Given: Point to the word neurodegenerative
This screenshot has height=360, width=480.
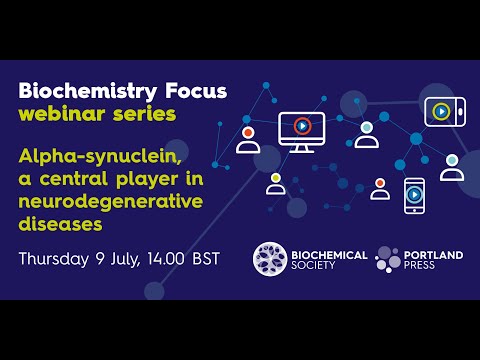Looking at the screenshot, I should (110, 201).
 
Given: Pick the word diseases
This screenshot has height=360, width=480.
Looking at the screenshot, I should (60, 223).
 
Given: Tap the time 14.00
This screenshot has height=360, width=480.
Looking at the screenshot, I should (175, 260).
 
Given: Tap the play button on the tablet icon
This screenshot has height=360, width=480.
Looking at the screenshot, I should (441, 111).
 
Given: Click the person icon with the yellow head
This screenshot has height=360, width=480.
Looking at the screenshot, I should (275, 183).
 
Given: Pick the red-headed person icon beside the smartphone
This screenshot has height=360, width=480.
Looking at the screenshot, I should (380, 188).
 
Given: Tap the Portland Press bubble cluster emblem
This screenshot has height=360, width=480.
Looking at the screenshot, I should (389, 259).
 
